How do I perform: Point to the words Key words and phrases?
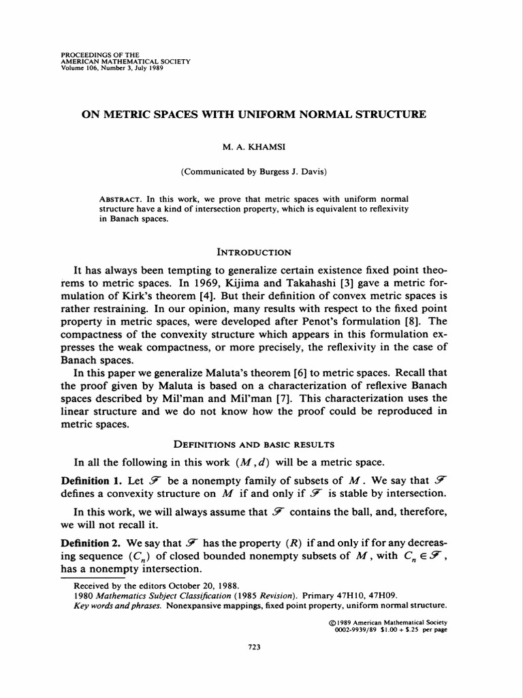pyautogui.click(x=117, y=604)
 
